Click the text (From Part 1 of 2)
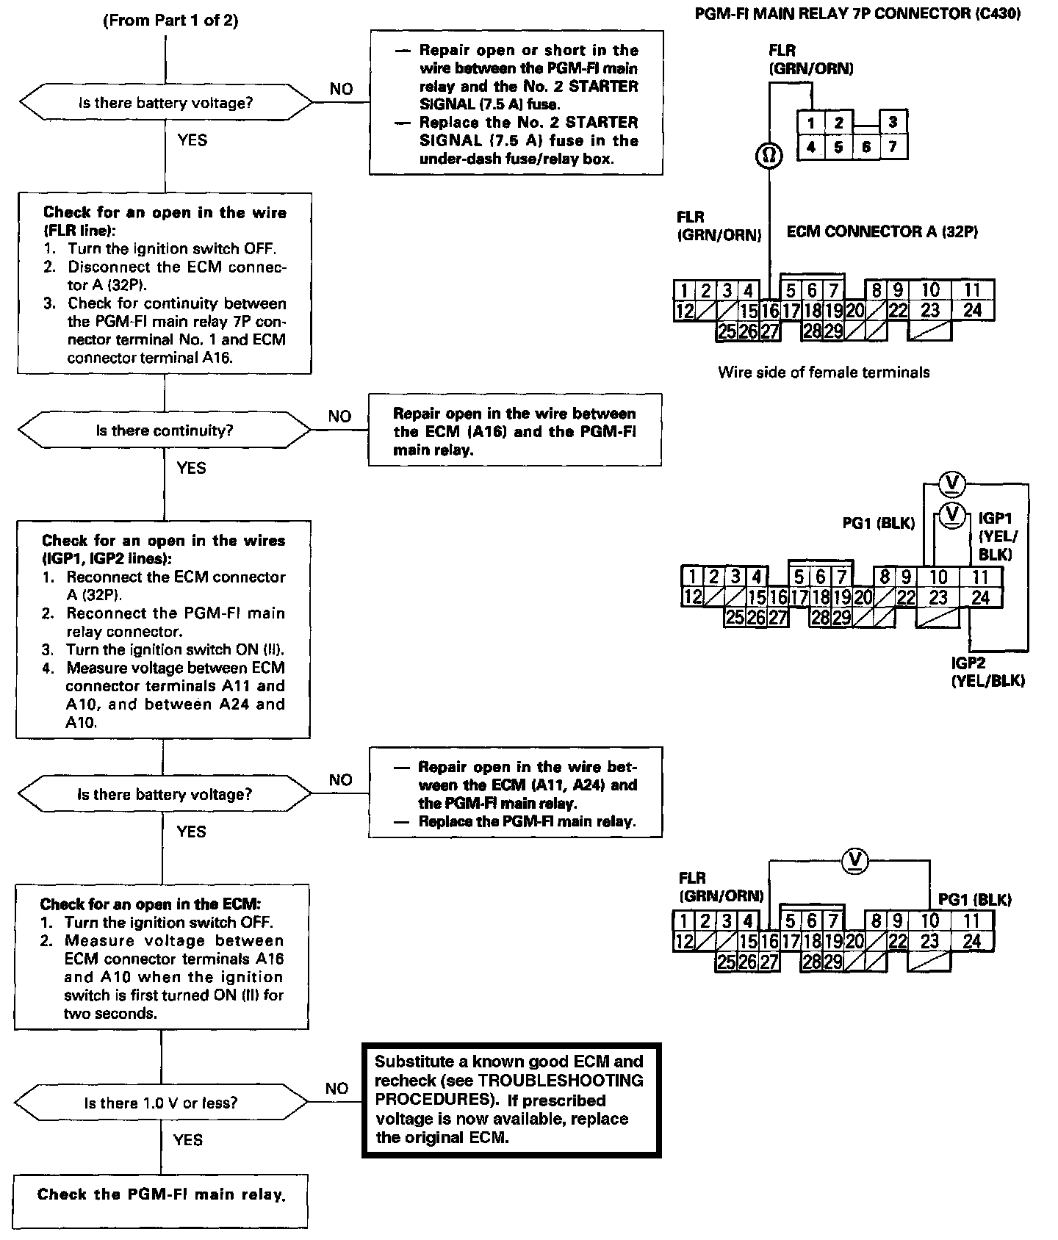[170, 21]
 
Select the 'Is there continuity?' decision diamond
[165, 430]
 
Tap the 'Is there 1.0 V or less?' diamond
[161, 1103]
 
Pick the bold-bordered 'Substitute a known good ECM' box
[511, 1100]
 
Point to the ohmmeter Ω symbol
[769, 156]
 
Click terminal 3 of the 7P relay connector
[893, 122]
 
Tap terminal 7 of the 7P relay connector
[893, 147]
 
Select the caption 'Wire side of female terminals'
[824, 372]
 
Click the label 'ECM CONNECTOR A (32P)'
[882, 232]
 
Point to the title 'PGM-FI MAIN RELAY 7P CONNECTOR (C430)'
[857, 15]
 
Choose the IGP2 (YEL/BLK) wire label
[987, 672]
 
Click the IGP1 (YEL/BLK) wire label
[996, 536]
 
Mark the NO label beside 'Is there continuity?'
[339, 417]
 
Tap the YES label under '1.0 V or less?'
[188, 1139]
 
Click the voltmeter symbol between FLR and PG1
[854, 859]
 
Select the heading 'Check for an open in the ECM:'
[150, 904]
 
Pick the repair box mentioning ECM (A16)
[514, 431]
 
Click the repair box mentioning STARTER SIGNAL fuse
[516, 104]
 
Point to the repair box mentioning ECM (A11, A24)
[515, 793]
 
